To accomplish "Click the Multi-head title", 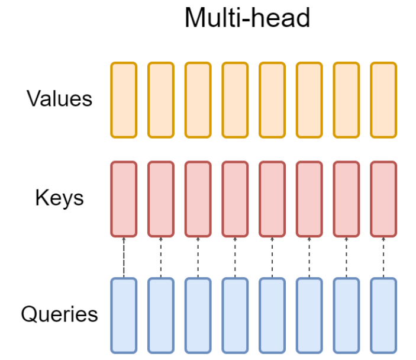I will point(247,18).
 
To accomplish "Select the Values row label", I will point(59,98).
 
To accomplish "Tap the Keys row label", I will point(59,198).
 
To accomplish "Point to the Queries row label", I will point(59,314).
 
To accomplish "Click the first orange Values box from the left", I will point(124,99).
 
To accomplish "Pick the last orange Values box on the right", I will point(383,99).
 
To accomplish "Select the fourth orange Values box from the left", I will point(235,99).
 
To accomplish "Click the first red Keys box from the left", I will point(124,198).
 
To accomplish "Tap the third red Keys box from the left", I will point(198,198).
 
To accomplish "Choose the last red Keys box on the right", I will point(383,198).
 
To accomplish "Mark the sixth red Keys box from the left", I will point(309,198).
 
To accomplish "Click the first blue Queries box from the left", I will point(124,315).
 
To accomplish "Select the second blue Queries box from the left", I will point(160,315).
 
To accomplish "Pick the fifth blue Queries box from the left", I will point(272,315).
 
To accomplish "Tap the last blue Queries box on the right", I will point(383,315).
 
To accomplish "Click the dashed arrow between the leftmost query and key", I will point(124,257).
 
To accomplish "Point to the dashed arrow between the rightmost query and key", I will point(383,257).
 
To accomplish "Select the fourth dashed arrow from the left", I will point(235,257).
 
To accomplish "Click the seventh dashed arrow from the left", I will point(346,257).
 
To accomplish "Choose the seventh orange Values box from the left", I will point(346,99).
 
